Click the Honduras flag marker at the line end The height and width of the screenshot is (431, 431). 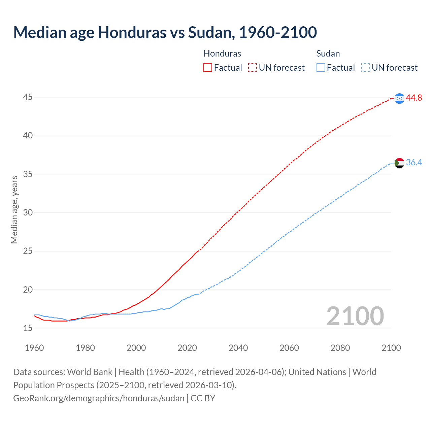399,98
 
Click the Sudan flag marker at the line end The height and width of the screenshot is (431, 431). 399,163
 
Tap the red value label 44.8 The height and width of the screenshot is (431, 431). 414,98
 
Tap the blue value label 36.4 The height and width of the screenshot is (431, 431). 414,163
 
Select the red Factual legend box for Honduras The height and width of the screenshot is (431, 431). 208,67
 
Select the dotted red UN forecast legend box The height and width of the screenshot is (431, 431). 253,67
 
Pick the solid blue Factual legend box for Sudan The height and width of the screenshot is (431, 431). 321,67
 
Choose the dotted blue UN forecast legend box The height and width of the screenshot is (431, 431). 366,67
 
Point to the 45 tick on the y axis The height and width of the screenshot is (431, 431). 28,97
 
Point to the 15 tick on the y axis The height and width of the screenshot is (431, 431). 28,328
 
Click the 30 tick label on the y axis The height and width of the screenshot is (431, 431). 28,212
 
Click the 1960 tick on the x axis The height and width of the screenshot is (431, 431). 34,348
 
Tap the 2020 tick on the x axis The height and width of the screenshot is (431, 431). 187,348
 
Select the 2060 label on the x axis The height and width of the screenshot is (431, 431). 289,348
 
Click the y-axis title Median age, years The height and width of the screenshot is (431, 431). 14,209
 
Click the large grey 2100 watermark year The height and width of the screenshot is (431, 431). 355,316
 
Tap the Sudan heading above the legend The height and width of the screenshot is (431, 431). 328,54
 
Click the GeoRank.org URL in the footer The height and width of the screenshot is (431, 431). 99,398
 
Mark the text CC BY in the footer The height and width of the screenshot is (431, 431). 203,398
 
